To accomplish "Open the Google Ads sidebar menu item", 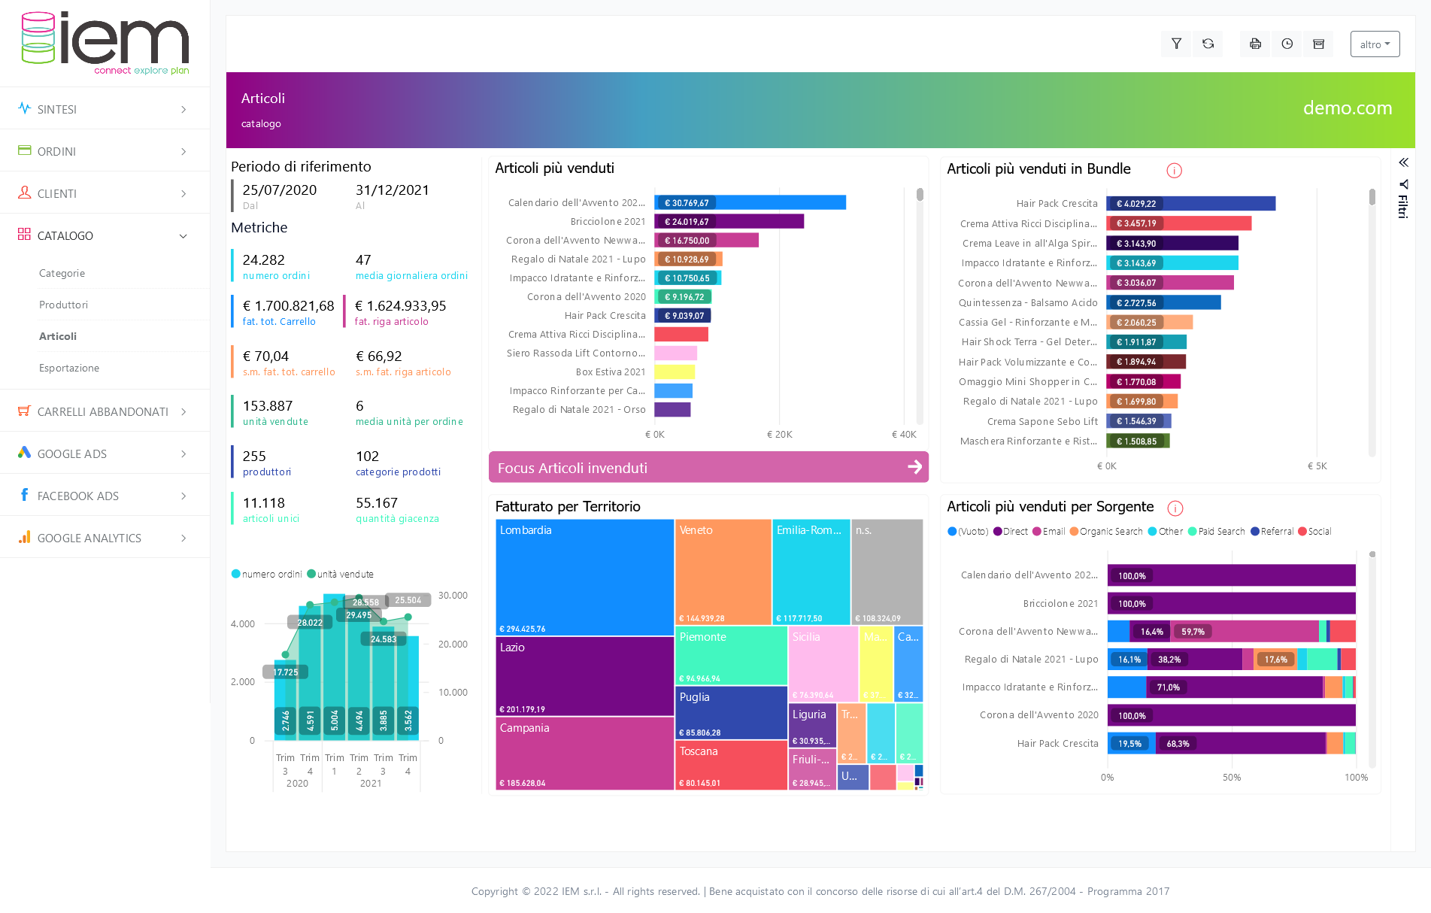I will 72,453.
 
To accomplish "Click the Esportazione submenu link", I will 69,368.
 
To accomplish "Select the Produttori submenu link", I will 63,305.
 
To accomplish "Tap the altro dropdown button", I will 1375,44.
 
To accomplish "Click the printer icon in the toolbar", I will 1255,44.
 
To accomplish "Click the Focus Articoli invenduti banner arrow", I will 914,467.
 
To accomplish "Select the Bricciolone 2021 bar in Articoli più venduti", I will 729,221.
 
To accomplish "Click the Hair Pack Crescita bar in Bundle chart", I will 1190,204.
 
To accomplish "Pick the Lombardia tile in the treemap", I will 584,577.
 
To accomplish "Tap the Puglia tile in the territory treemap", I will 731,712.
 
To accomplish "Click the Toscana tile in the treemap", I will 731,765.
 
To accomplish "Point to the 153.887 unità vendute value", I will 268,406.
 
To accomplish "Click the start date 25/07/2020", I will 280,190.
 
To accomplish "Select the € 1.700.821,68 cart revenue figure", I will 288,306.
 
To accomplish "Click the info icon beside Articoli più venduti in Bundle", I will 1174,171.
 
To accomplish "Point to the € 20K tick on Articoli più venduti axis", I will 780,435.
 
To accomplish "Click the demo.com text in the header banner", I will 1347,108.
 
